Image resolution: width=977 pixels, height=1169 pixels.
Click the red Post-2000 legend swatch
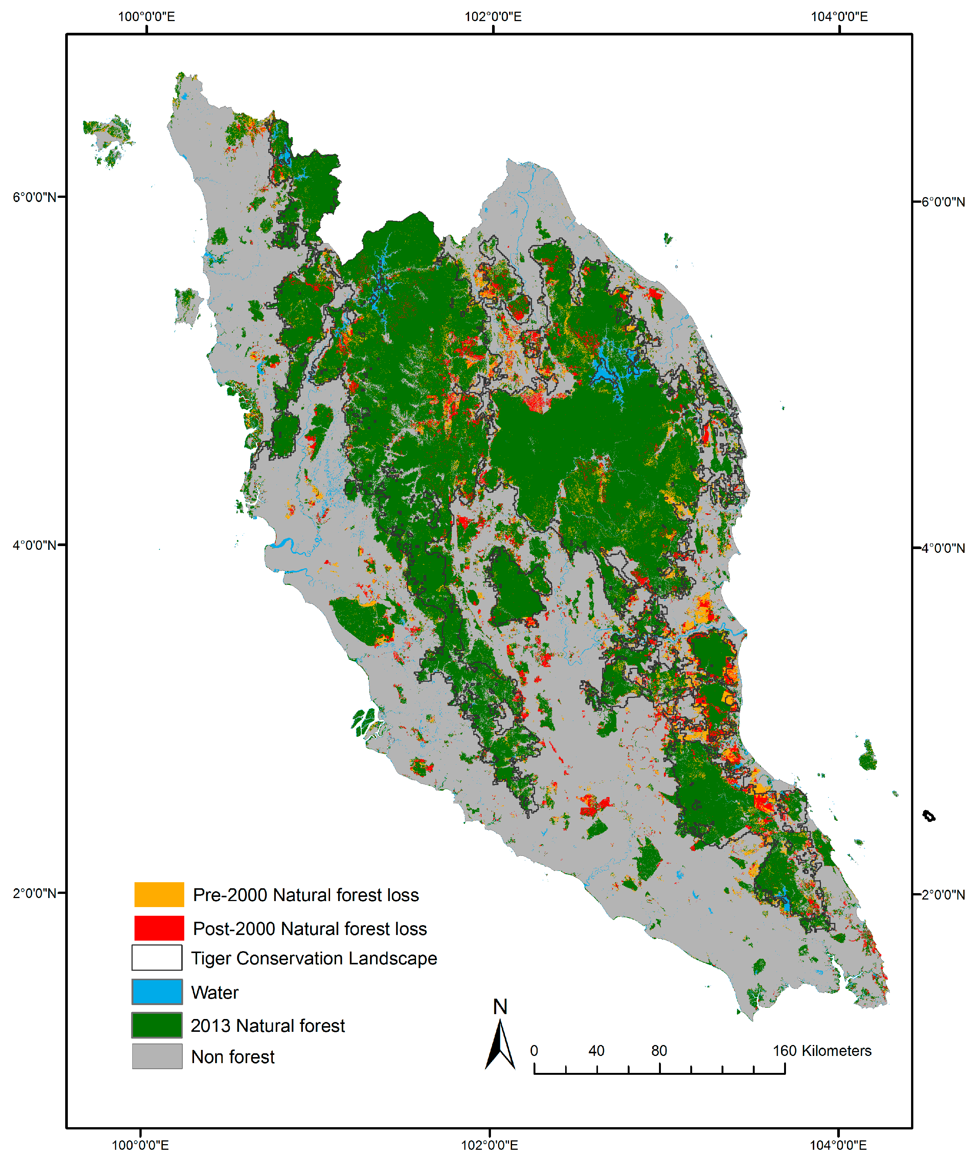coord(159,927)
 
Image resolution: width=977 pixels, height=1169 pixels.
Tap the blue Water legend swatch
coord(156,992)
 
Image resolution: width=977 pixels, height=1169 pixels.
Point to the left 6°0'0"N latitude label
coord(35,197)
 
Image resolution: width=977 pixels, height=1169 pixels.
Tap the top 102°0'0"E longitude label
coord(493,17)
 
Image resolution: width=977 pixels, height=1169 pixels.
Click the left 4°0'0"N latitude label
coord(35,545)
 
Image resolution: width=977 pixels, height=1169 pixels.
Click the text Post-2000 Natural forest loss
coord(309,929)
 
